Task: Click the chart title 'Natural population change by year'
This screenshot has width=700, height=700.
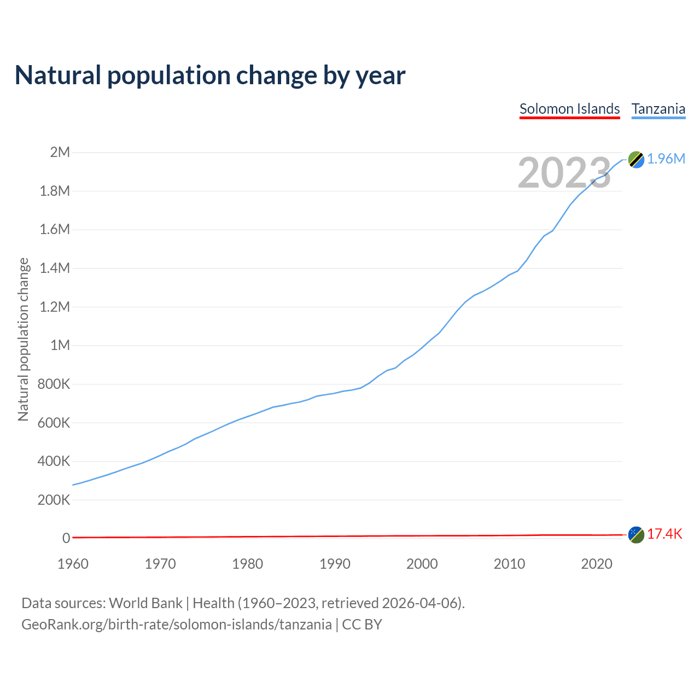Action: click(x=210, y=75)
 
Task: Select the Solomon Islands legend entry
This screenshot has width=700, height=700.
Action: click(x=569, y=109)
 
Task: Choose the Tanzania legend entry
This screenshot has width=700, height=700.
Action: click(x=658, y=109)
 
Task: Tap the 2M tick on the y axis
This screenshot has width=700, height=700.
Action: click(x=60, y=152)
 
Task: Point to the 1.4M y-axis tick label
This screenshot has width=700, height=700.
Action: click(x=55, y=268)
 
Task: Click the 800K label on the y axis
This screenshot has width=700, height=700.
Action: click(x=54, y=384)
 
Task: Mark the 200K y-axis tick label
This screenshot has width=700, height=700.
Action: click(x=54, y=500)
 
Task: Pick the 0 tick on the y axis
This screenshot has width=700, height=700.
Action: click(x=66, y=538)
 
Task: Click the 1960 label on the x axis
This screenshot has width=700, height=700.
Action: click(x=73, y=564)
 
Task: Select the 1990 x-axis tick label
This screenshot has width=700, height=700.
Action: click(x=335, y=564)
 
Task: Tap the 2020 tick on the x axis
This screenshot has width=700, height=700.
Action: click(x=597, y=564)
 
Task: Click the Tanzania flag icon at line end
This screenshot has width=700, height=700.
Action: click(x=636, y=159)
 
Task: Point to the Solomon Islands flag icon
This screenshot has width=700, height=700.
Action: click(x=636, y=534)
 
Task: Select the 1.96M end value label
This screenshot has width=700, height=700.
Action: click(x=666, y=159)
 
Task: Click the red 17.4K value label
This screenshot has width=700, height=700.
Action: click(x=664, y=534)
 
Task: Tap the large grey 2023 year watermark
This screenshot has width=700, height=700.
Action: click(x=564, y=173)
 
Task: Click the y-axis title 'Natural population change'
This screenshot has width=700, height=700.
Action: click(x=23, y=339)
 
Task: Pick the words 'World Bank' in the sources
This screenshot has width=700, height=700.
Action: click(x=145, y=603)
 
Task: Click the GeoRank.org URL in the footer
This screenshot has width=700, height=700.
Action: click(x=176, y=624)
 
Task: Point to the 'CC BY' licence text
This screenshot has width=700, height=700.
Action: click(x=361, y=624)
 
